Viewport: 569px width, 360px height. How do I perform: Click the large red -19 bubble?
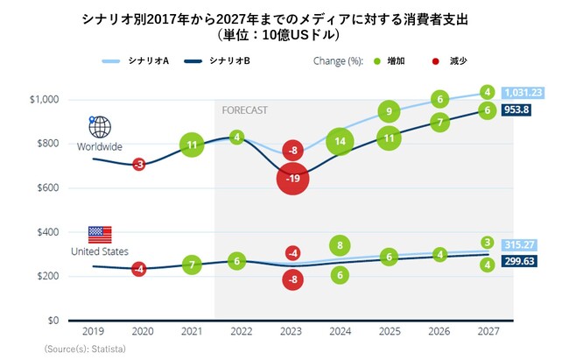[x=292, y=179]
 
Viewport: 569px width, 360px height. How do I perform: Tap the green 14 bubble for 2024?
[x=341, y=141]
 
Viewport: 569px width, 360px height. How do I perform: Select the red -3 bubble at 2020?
[x=138, y=164]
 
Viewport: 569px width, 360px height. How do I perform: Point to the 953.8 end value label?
[x=523, y=111]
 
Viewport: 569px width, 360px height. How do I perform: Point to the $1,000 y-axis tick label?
[x=44, y=99]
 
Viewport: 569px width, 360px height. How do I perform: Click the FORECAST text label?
[x=244, y=110]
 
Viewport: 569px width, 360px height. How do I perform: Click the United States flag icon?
[x=100, y=234]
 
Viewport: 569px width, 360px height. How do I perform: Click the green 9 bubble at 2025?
[x=390, y=111]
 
